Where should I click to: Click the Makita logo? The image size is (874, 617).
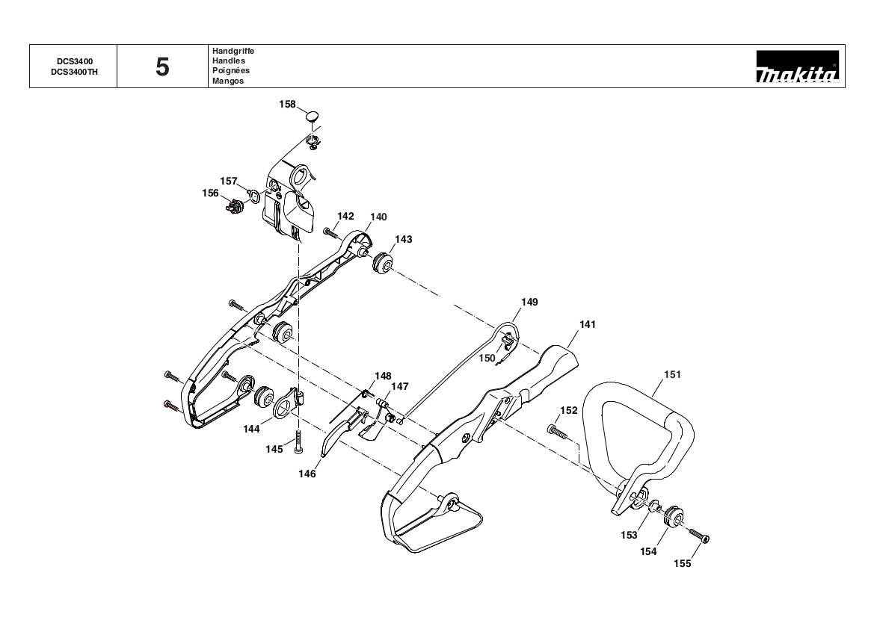[x=797, y=66]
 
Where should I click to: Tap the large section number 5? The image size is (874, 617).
[x=162, y=67]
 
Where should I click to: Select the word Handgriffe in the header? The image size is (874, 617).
[x=233, y=51]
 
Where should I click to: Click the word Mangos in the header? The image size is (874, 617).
[x=228, y=81]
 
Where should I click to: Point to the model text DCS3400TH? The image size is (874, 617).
[x=74, y=71]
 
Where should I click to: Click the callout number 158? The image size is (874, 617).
[x=287, y=104]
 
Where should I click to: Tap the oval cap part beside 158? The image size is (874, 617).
[x=313, y=117]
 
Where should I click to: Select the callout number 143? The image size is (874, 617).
[x=404, y=240]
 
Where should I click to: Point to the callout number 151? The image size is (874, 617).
[x=672, y=375]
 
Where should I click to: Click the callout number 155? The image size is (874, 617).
[x=683, y=563]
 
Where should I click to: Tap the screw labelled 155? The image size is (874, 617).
[x=700, y=535]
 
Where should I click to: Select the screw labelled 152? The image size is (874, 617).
[x=557, y=430]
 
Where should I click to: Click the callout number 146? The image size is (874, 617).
[x=307, y=474]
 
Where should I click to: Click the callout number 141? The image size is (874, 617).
[x=588, y=325]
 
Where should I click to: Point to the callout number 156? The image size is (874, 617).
[x=210, y=193]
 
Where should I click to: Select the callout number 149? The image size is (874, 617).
[x=529, y=303]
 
